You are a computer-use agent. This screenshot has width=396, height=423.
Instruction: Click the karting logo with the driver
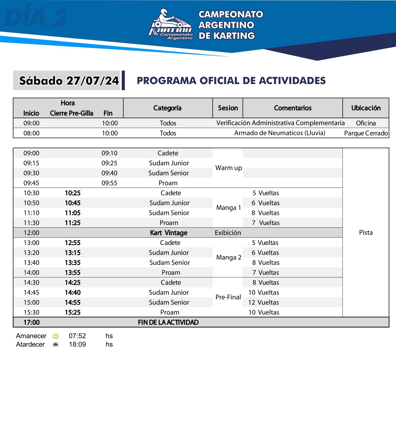[171, 25]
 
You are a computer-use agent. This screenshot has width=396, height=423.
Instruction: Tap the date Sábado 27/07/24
[69, 81]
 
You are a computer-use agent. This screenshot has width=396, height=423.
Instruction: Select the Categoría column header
[168, 108]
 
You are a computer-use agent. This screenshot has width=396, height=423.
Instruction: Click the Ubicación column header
[366, 108]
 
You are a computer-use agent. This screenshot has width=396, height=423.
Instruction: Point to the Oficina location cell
[366, 123]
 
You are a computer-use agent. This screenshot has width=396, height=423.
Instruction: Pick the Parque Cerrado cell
[366, 133]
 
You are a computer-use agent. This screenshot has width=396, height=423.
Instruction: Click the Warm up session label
[228, 168]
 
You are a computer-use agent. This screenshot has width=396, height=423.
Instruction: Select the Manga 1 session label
[228, 208]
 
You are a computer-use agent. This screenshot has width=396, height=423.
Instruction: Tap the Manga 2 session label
[228, 257]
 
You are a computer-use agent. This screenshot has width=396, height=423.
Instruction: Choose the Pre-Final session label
[228, 297]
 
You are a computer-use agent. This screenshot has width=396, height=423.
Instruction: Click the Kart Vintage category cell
[168, 233]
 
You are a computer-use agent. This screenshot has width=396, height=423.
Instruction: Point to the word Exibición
[228, 233]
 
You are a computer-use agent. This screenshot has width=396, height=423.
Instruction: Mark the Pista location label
[366, 232]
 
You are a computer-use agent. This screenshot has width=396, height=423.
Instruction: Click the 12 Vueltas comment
[264, 302]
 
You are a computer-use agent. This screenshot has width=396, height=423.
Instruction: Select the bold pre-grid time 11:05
[72, 213]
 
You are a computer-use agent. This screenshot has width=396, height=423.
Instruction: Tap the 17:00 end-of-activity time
[32, 322]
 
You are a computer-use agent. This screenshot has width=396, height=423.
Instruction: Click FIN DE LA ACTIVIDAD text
[168, 322]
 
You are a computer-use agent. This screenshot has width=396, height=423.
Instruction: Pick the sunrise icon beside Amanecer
[56, 336]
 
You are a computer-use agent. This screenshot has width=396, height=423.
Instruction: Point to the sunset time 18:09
[77, 344]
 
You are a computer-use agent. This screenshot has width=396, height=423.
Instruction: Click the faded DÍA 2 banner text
[36, 18]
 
